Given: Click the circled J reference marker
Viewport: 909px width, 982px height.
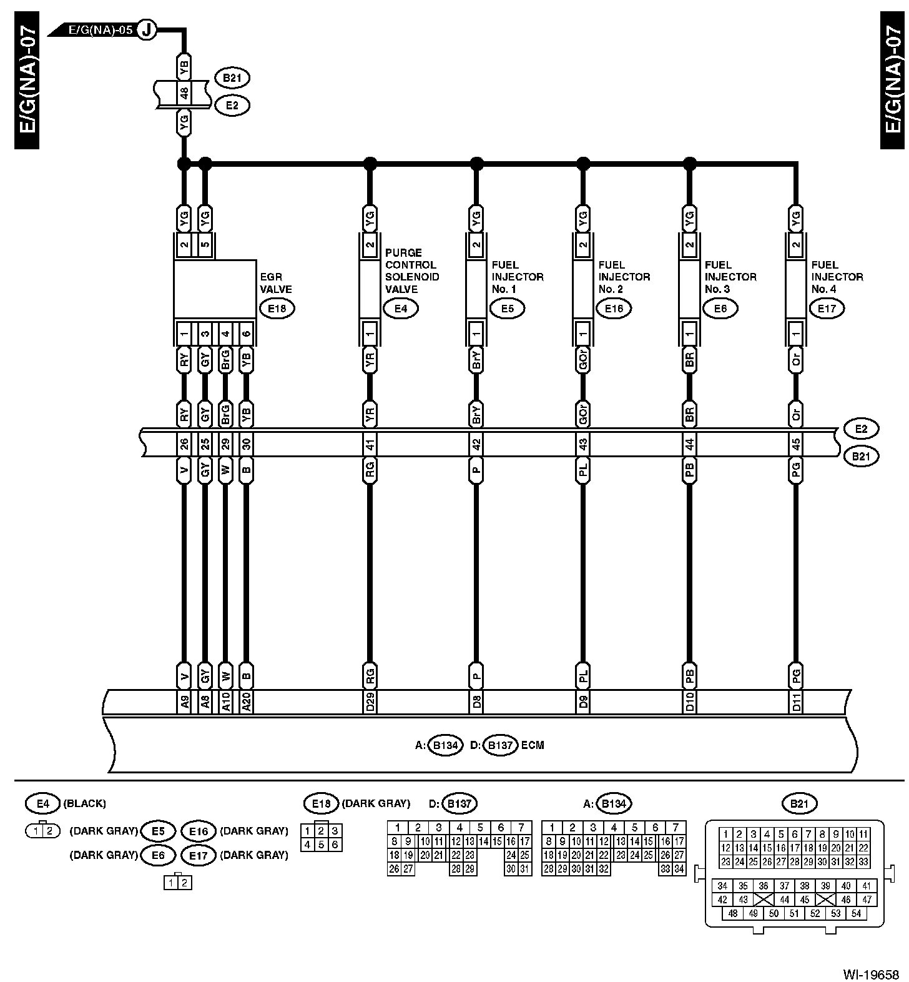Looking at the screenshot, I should [147, 29].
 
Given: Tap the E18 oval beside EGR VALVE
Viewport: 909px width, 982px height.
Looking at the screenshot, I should [277, 308].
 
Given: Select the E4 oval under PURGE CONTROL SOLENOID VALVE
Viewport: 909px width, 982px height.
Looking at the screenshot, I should [400, 308].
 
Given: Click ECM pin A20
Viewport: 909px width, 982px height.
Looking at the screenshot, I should [246, 703].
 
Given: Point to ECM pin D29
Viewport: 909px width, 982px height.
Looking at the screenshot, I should [370, 703].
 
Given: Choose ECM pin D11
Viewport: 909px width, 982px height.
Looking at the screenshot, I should [796, 703].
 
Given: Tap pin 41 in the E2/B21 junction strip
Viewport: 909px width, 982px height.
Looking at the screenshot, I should [370, 445].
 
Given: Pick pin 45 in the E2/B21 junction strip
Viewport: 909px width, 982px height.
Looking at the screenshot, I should [796, 445].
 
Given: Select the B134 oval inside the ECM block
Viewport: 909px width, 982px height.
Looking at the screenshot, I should [446, 745].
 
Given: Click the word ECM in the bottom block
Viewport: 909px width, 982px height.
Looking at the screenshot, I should [533, 745].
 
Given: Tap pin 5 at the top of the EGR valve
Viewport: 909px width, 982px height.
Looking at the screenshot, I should [205, 245].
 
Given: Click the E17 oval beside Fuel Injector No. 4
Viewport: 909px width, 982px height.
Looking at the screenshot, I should [827, 308].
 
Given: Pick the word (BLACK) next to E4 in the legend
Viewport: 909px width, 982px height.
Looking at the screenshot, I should [84, 803].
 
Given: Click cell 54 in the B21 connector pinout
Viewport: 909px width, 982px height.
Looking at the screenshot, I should [856, 913].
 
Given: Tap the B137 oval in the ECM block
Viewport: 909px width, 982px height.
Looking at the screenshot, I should [499, 745].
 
